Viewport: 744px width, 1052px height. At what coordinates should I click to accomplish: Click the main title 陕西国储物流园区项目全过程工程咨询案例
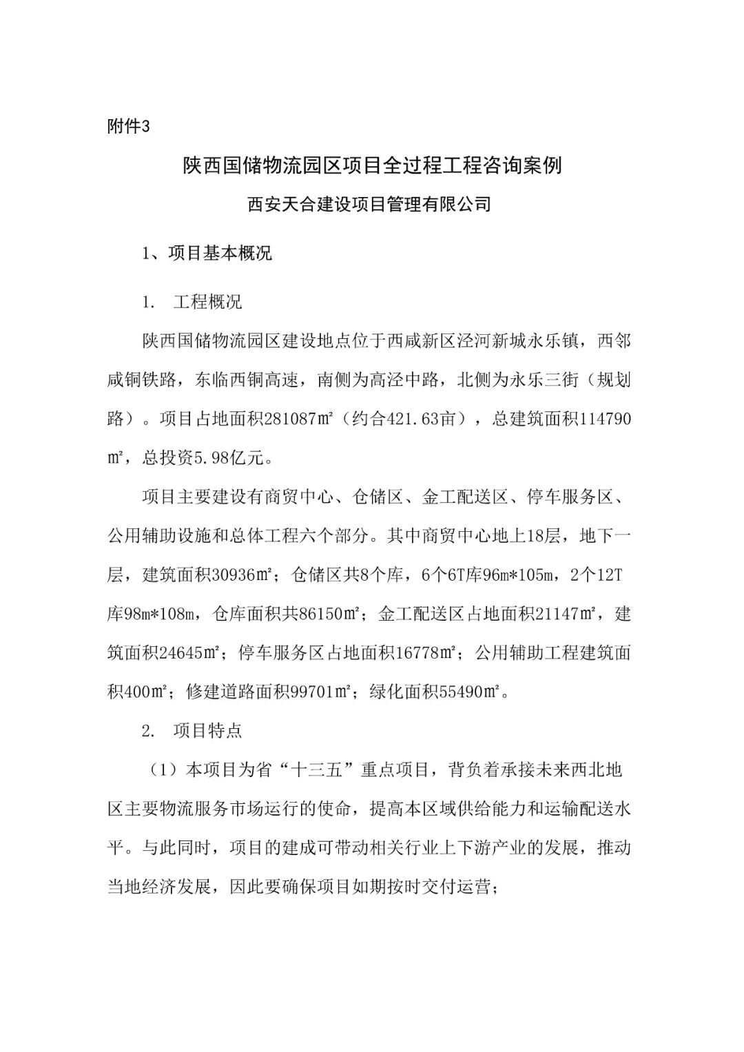372,166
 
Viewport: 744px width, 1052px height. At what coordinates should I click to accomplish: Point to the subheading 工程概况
208,302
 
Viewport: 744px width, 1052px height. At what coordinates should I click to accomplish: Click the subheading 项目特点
208,730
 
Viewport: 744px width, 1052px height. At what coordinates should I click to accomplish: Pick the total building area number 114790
606,420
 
